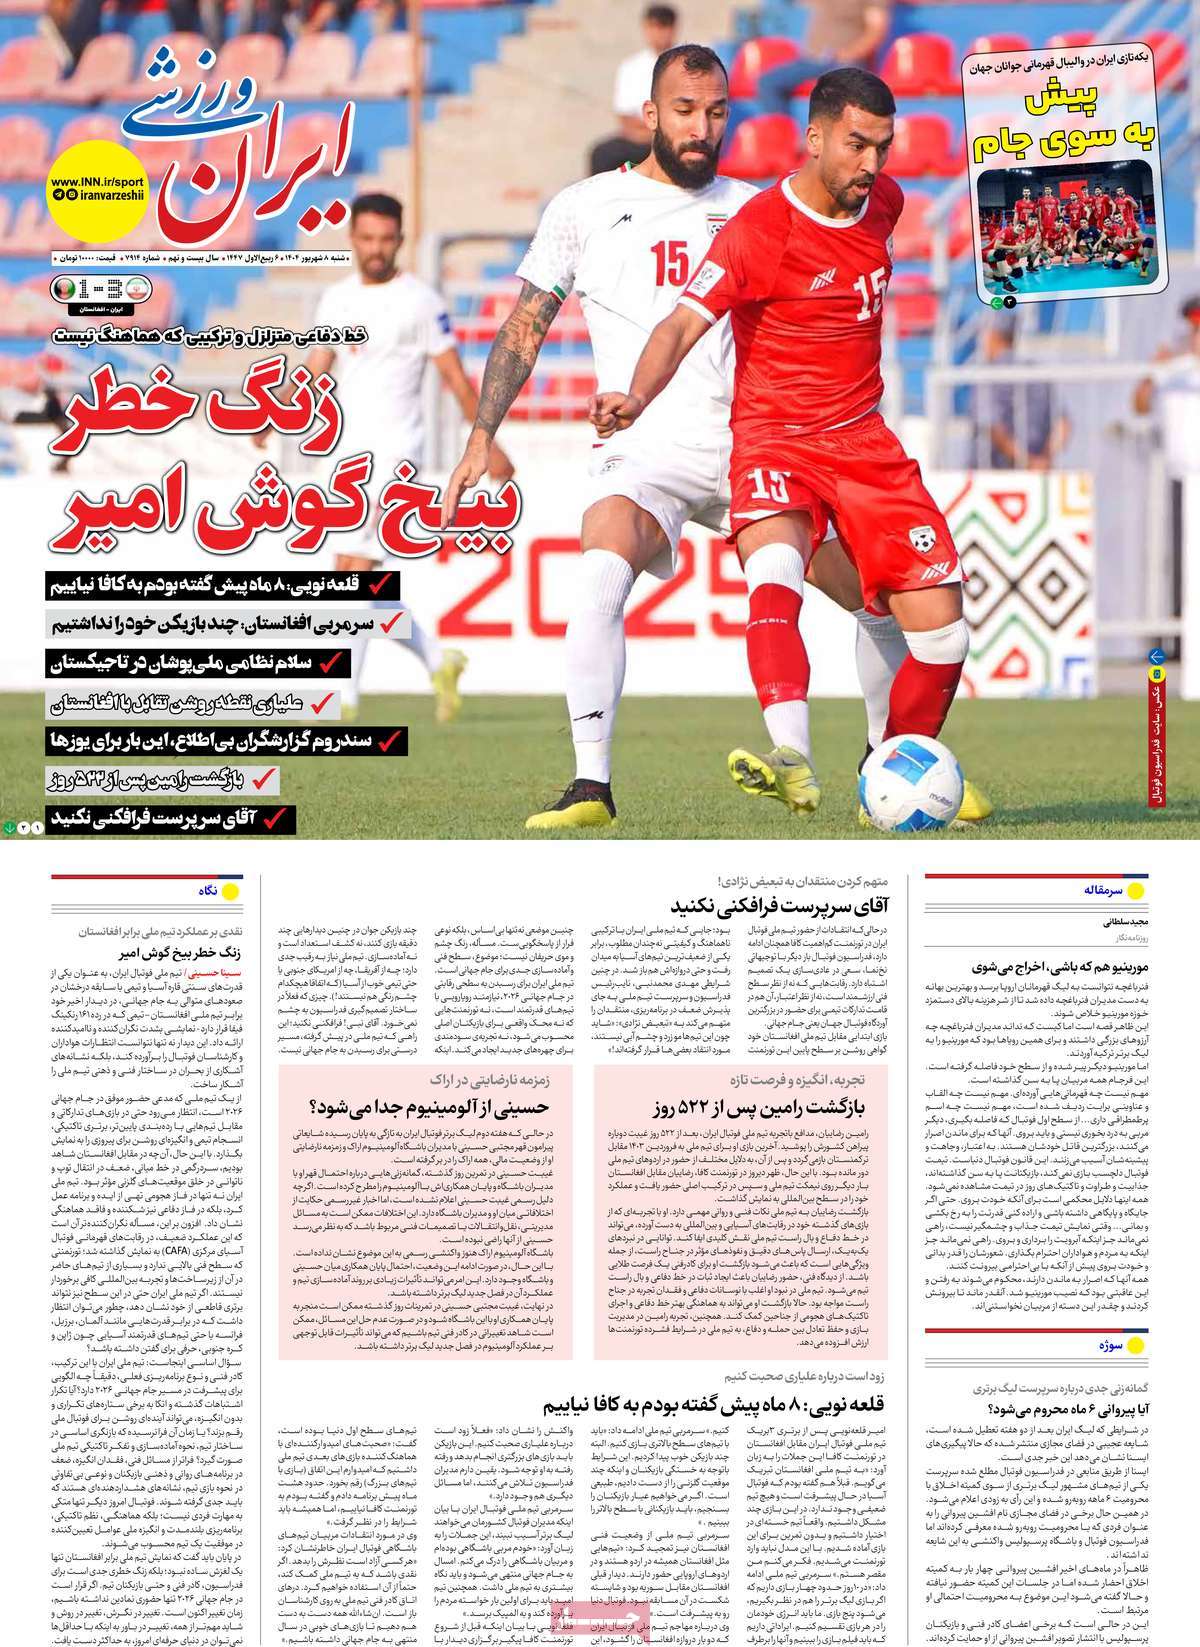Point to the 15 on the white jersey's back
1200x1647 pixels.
coord(669,262)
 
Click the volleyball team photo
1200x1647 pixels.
coord(1067,230)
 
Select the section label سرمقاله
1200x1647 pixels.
coord(1104,889)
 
